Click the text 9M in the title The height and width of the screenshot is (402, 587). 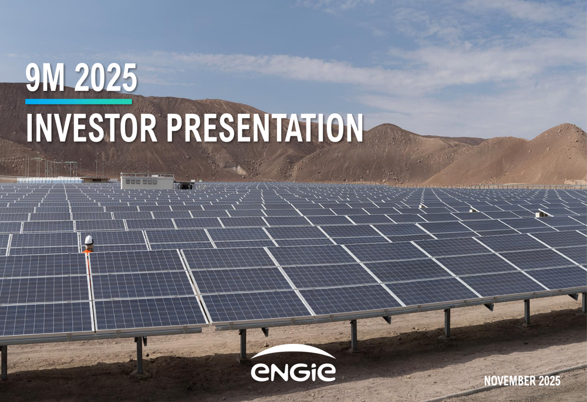coord(42,80)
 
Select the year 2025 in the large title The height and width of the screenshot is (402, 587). coord(106,80)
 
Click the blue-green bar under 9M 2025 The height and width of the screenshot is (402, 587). coord(79,102)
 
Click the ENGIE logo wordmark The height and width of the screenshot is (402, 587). coord(293,371)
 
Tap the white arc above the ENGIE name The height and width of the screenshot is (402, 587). coord(293,352)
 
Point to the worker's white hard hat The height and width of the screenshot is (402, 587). coord(89,239)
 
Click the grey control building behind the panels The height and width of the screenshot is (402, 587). coord(147,181)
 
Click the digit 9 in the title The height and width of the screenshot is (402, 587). coord(32,80)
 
